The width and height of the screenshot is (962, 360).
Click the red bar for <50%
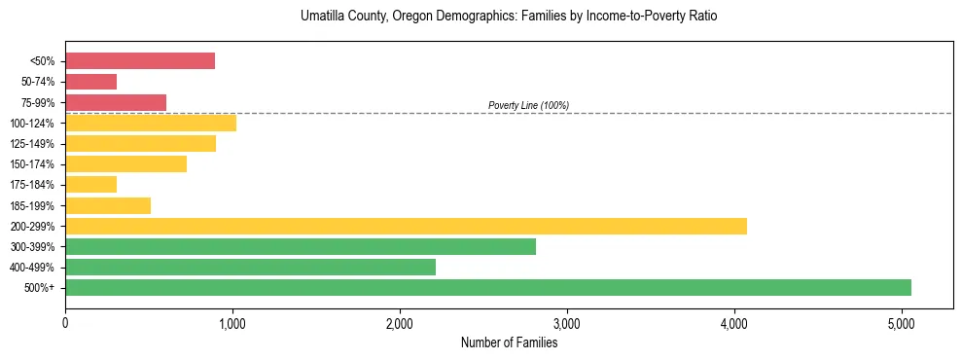tap(140, 61)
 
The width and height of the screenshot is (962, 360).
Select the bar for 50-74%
tap(90, 82)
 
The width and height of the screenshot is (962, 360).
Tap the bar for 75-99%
tap(116, 102)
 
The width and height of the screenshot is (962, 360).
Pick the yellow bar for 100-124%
tap(151, 123)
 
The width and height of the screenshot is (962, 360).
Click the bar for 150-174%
tap(125, 164)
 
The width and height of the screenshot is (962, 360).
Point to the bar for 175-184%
tap(90, 185)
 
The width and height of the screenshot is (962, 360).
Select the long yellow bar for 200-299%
tap(406, 226)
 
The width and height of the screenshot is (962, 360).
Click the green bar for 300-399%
tap(301, 246)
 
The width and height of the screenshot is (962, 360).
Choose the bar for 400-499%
tap(250, 267)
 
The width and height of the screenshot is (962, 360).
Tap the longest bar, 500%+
tap(488, 287)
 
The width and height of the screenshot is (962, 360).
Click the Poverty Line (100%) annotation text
tap(528, 105)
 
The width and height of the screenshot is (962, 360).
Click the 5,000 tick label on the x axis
tap(902, 321)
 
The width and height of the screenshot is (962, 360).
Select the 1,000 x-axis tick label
tap(232, 321)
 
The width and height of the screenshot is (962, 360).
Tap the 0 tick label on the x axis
tap(65, 321)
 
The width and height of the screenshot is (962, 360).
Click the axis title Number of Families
tap(510, 342)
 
